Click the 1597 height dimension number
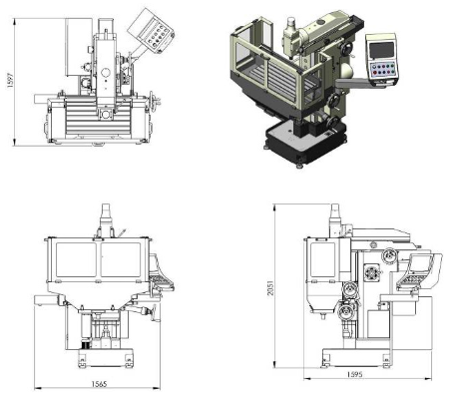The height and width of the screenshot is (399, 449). point(10,80)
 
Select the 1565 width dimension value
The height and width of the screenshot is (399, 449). point(99,384)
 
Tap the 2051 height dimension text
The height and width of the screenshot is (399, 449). point(270,288)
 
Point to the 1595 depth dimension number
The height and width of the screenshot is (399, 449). point(354,375)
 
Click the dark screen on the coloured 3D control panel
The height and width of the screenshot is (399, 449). point(381,50)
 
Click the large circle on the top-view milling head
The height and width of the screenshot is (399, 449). point(106,73)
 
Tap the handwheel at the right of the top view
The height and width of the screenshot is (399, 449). point(153,101)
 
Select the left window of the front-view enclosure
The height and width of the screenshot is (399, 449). point(76,259)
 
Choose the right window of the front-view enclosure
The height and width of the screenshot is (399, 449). point(121,259)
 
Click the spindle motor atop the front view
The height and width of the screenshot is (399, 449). point(106,219)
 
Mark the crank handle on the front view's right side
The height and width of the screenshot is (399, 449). point(154,313)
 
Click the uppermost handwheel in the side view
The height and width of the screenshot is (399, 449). point(389,255)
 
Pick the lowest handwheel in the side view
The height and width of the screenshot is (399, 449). point(346,312)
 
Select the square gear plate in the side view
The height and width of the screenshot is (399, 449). point(371,272)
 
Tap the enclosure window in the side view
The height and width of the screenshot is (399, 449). point(322,259)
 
